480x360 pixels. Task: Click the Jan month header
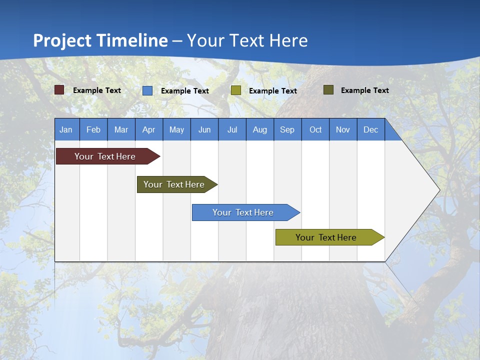(x=66, y=129)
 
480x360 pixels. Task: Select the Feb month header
(x=93, y=129)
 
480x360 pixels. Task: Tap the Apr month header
(x=149, y=129)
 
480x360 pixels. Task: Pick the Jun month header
(x=204, y=129)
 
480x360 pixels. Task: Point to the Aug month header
(x=260, y=129)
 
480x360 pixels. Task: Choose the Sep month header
(x=287, y=129)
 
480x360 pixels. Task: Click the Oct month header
(x=315, y=129)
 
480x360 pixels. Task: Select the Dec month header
(x=371, y=129)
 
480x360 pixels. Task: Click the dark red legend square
(x=59, y=90)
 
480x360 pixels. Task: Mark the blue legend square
(x=147, y=90)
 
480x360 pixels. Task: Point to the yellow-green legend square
(x=236, y=90)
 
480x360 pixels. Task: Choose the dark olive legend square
(x=328, y=90)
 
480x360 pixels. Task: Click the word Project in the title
(x=62, y=40)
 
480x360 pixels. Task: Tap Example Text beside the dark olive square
(x=364, y=90)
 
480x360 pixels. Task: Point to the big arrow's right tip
(x=438, y=190)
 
